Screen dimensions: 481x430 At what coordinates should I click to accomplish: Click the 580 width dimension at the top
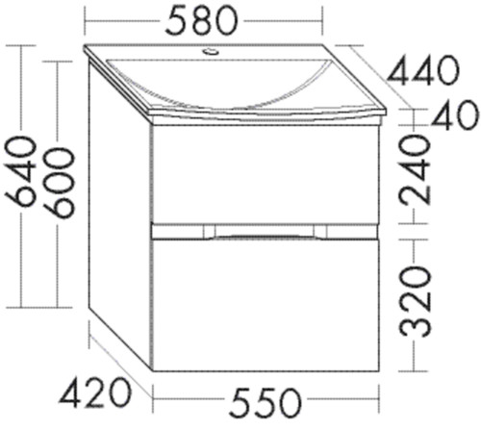(x=201, y=21)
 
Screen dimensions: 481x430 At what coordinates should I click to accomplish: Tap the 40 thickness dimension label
(x=455, y=114)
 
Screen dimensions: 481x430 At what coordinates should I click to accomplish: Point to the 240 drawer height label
(x=414, y=169)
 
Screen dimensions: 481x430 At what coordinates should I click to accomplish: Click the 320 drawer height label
(x=414, y=301)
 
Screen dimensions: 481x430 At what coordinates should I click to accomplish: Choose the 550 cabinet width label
(x=266, y=402)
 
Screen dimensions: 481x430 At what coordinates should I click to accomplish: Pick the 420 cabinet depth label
(x=95, y=392)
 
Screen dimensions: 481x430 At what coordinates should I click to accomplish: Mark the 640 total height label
(x=20, y=170)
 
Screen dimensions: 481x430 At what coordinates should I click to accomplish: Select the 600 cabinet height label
(x=59, y=183)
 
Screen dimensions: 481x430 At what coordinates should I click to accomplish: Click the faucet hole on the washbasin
(x=211, y=51)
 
